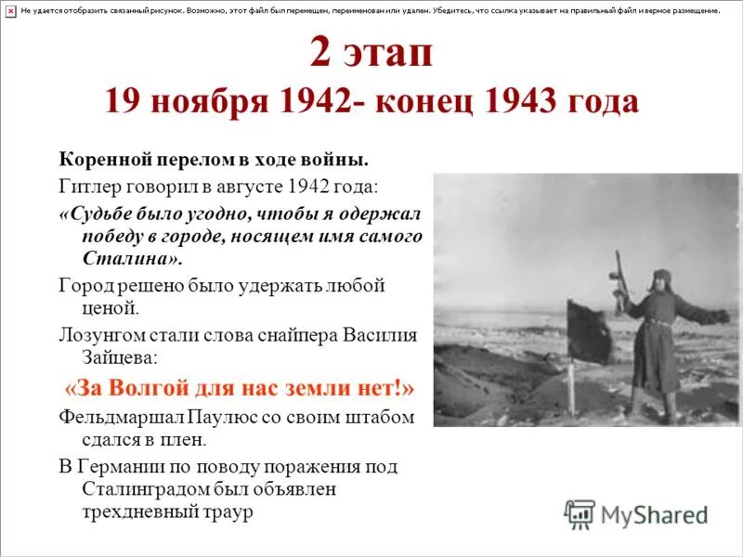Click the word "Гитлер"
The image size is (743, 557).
click(88, 185)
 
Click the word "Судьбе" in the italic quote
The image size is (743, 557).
click(103, 212)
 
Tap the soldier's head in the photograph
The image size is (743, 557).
click(662, 279)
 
